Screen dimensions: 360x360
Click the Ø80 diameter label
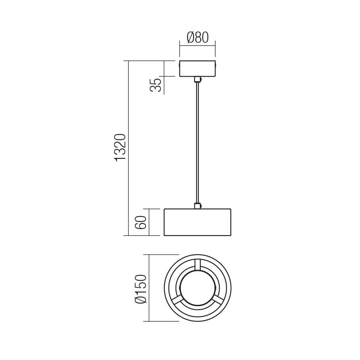(197, 38)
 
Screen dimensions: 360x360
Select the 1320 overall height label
(120, 148)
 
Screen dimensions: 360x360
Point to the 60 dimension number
(141, 222)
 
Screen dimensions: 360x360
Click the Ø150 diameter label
(141, 289)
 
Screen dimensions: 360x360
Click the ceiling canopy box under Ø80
(197, 69)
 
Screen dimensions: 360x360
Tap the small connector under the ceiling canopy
(197, 80)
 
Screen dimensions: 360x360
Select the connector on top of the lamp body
(197, 205)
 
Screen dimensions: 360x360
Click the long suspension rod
(197, 141)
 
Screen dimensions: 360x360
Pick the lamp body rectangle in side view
(197, 222)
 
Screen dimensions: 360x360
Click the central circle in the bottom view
(197, 289)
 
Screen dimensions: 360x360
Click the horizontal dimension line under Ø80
(197, 46)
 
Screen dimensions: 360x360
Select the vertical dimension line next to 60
(149, 222)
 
